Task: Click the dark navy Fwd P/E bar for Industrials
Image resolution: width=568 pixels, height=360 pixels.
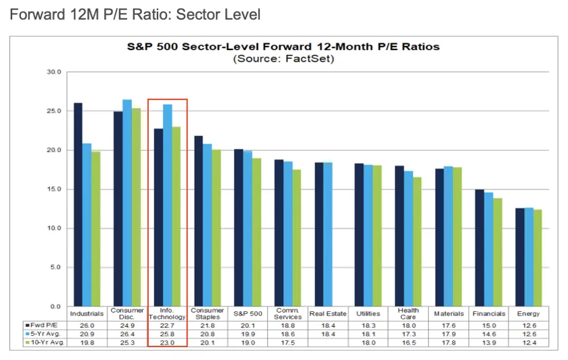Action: [78, 204]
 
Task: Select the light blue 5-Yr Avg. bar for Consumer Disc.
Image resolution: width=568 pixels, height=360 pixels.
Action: [127, 203]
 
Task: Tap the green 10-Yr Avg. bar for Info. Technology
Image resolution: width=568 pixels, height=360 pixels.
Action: [176, 217]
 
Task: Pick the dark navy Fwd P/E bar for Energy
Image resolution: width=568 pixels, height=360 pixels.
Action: [520, 257]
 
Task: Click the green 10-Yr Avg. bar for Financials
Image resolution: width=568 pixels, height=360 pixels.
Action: [498, 252]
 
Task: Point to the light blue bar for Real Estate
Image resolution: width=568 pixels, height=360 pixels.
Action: [328, 234]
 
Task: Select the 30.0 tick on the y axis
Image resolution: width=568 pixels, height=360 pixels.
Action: [54, 72]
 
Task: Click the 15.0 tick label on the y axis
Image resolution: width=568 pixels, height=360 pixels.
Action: [54, 189]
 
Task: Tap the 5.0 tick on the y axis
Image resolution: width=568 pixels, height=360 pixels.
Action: [55, 267]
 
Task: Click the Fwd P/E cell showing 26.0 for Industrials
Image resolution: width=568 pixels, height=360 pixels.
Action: [87, 325]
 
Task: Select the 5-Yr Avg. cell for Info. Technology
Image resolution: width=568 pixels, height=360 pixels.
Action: [167, 334]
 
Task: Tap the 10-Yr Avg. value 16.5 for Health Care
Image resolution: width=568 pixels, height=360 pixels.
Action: [408, 343]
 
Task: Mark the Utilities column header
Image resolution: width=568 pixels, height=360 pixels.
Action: [368, 313]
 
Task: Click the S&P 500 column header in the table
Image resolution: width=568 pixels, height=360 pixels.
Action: [247, 313]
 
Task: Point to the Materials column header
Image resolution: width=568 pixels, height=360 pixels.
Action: [449, 313]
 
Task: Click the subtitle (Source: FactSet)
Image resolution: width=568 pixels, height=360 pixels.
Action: [283, 59]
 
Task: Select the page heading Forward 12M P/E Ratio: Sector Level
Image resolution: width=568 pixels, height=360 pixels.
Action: [135, 15]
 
